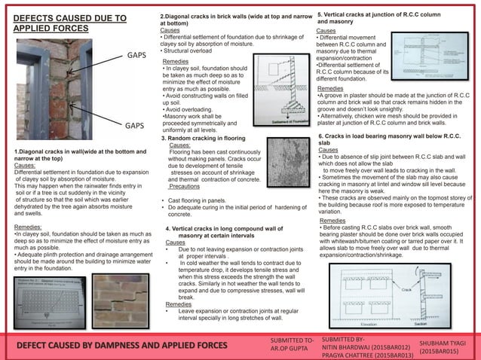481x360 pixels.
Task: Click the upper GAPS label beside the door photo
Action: click(135, 56)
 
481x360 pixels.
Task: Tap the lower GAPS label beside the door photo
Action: click(135, 126)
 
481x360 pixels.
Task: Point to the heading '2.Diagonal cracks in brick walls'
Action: click(226, 16)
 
